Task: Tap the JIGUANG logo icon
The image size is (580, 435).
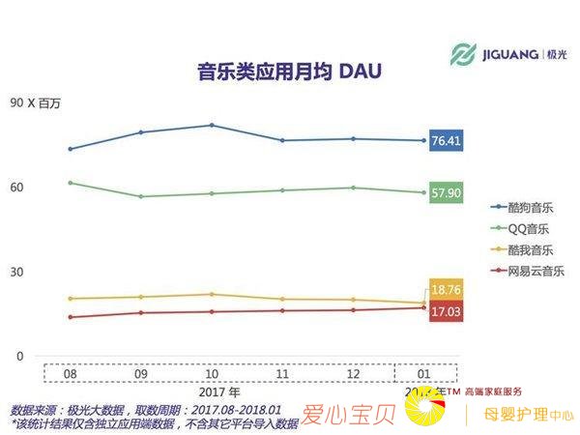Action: tap(465, 54)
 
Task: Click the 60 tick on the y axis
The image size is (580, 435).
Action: tap(18, 187)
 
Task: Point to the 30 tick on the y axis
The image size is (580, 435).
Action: tap(18, 272)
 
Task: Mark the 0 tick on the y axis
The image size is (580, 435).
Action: tap(18, 356)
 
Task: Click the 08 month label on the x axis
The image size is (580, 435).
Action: tap(71, 372)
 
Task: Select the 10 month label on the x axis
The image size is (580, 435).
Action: tap(212, 372)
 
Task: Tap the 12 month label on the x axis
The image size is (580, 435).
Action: tap(353, 372)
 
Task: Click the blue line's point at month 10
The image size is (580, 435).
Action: tap(212, 126)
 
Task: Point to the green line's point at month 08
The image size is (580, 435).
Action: tap(71, 183)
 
